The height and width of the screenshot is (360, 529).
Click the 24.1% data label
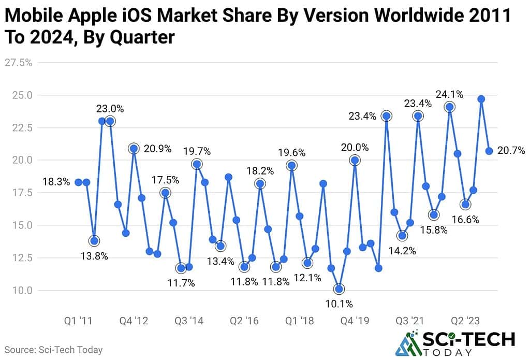coord(449,95)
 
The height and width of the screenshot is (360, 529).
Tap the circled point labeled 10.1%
coord(339,289)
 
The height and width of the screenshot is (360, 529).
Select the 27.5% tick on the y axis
coord(19,63)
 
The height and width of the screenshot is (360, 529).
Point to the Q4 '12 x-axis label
coord(134,321)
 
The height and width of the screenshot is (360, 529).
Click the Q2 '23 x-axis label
coord(465,321)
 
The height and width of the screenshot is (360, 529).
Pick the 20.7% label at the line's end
coord(510,151)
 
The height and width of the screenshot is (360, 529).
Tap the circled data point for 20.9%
coord(134,149)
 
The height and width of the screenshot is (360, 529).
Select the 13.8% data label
coord(94,256)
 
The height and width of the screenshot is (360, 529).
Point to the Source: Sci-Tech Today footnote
coord(54,350)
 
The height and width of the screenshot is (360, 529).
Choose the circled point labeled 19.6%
coord(291,166)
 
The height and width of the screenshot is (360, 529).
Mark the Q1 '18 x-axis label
coord(299,321)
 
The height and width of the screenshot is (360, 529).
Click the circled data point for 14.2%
coord(402,236)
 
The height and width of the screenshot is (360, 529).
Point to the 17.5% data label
coord(165,180)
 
